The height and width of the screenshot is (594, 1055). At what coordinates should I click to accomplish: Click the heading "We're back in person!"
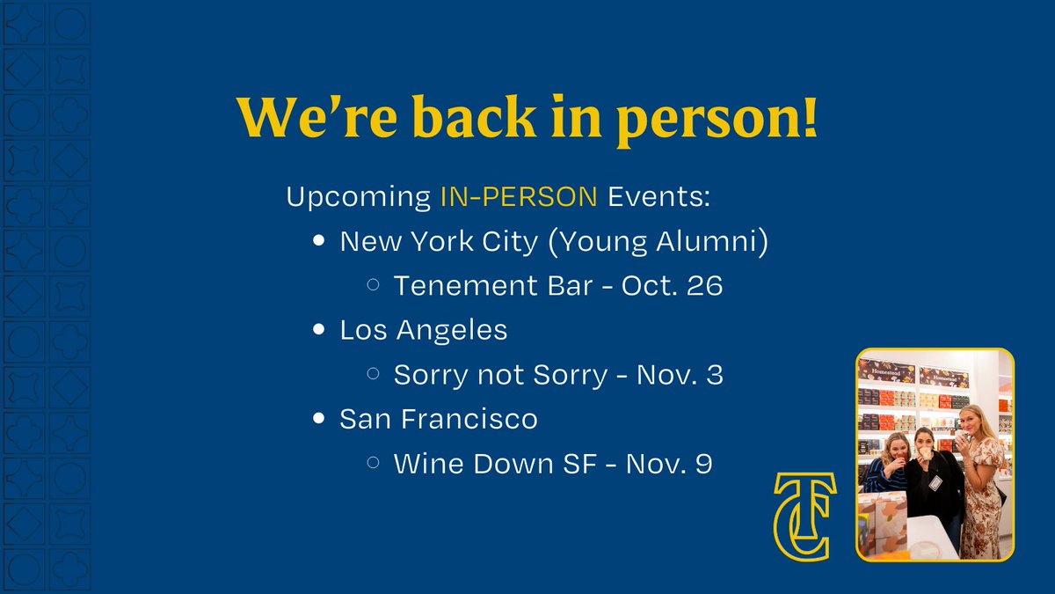pos(527,119)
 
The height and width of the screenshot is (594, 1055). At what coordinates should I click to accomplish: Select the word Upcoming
pos(357,196)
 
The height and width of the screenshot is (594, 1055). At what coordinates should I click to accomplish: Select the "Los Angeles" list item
pos(424,331)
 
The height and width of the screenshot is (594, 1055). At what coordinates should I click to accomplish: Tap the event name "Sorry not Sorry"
pos(500,376)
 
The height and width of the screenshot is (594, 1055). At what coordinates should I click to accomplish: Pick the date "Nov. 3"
pos(679,376)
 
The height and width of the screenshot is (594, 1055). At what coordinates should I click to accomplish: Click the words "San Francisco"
pos(439,420)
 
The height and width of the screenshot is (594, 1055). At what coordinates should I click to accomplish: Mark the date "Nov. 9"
pos(668,465)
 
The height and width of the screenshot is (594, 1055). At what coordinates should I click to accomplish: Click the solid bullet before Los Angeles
pos(319,331)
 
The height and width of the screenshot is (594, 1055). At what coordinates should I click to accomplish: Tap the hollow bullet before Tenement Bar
pos(373,285)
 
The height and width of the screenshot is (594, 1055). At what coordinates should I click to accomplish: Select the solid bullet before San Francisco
pos(319,420)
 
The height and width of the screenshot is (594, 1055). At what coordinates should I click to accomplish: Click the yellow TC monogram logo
pos(804,517)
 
